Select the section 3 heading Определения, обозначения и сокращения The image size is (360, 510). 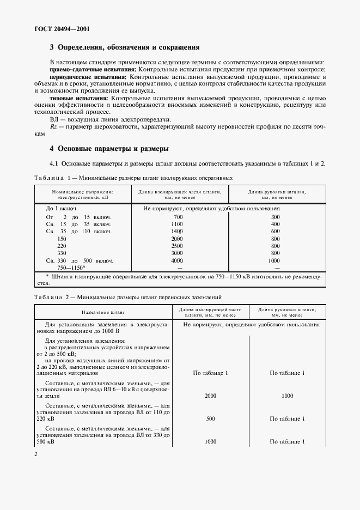(x=124, y=47)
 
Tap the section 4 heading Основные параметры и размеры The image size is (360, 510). (x=109, y=148)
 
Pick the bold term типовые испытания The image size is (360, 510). (x=78, y=98)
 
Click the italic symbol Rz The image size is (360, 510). (x=53, y=126)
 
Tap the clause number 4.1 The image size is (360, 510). (x=54, y=163)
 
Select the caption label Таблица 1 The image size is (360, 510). (x=49, y=178)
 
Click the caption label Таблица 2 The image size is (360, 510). (x=49, y=297)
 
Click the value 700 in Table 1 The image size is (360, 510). (x=177, y=217)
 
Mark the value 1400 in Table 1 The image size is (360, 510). (x=177, y=232)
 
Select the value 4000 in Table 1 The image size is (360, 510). (x=177, y=261)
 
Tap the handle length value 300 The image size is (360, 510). (x=275, y=217)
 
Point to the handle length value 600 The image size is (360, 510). (x=275, y=232)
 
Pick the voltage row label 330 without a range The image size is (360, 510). (x=62, y=253)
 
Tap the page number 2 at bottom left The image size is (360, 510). (x=35, y=454)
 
